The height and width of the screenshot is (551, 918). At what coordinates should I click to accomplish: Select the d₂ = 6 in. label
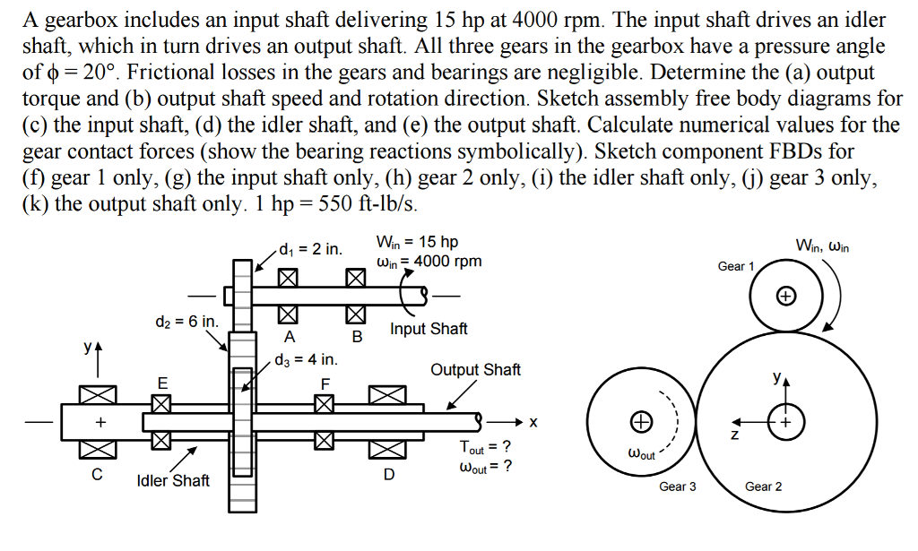click(184, 321)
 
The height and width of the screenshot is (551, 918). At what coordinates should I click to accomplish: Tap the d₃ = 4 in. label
click(307, 360)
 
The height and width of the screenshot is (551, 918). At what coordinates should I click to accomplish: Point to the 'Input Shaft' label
click(429, 329)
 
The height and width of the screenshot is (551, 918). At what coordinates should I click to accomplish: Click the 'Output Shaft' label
click(475, 369)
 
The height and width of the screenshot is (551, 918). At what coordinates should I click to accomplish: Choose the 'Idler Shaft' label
click(173, 480)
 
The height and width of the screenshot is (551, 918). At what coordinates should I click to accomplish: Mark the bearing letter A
click(289, 337)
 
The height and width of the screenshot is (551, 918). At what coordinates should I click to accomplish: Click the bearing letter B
click(356, 338)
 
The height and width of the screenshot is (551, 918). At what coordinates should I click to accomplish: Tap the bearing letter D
click(388, 474)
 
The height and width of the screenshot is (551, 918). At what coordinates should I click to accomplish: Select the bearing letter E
click(162, 383)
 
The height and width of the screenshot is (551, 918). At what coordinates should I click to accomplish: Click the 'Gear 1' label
click(737, 266)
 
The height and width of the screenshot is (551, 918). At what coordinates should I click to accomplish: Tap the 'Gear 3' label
click(678, 486)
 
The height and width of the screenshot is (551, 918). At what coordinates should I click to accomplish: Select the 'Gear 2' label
click(764, 486)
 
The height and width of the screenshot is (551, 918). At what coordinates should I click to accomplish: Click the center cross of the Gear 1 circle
click(785, 294)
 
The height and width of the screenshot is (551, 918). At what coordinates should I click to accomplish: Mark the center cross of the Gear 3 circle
click(639, 419)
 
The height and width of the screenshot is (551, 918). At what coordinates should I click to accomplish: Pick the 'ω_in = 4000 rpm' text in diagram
click(429, 261)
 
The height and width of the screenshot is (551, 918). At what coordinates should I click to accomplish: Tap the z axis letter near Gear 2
click(734, 436)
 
